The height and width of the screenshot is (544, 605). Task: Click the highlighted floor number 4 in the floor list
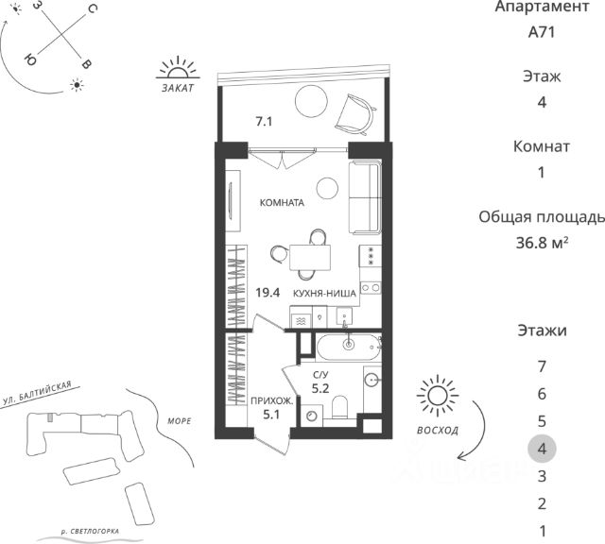(542, 449)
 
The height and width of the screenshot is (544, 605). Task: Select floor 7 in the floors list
(542, 366)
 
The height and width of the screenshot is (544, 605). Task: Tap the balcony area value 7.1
(264, 122)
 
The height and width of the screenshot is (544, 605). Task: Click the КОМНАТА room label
(282, 202)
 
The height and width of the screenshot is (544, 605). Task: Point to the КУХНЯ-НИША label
(324, 294)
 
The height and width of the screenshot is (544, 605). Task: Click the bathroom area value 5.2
(320, 388)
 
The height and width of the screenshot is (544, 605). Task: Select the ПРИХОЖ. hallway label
(272, 401)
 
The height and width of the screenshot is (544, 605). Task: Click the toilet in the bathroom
(340, 407)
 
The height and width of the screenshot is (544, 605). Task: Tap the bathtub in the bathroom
(349, 347)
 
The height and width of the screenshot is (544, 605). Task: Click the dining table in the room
(310, 258)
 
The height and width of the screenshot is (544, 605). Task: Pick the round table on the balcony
(311, 101)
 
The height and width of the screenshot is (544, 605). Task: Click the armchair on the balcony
(355, 115)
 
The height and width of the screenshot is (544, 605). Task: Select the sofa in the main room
(366, 197)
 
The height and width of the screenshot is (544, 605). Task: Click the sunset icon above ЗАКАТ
(178, 68)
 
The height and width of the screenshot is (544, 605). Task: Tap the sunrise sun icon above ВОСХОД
(438, 396)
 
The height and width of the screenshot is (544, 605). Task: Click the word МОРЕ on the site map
(180, 421)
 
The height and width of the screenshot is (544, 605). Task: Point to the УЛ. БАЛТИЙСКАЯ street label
(37, 393)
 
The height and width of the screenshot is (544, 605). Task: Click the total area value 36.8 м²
(542, 243)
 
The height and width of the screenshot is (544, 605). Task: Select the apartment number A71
(542, 32)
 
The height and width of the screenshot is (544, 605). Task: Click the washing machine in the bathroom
(312, 416)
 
